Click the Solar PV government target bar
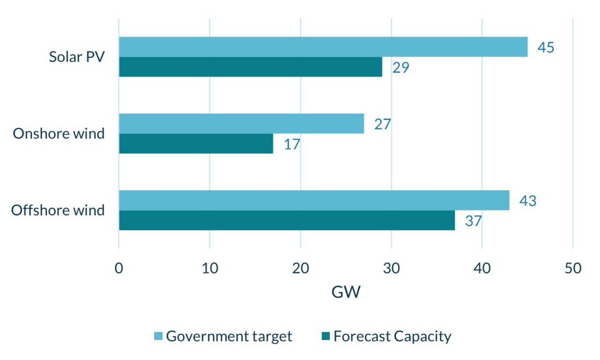(323, 47)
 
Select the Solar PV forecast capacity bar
(250, 67)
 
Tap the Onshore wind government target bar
(241, 124)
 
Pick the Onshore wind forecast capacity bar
(196, 143)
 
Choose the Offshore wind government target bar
(314, 200)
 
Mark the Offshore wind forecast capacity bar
(287, 220)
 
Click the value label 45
(546, 47)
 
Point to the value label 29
(401, 67)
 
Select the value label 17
(292, 144)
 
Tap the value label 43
(527, 201)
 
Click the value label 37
(473, 221)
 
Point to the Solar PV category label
(77, 57)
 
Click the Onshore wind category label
(59, 134)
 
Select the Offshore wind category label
(58, 210)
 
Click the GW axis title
(346, 292)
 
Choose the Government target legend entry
(223, 336)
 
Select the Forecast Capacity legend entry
(386, 336)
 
